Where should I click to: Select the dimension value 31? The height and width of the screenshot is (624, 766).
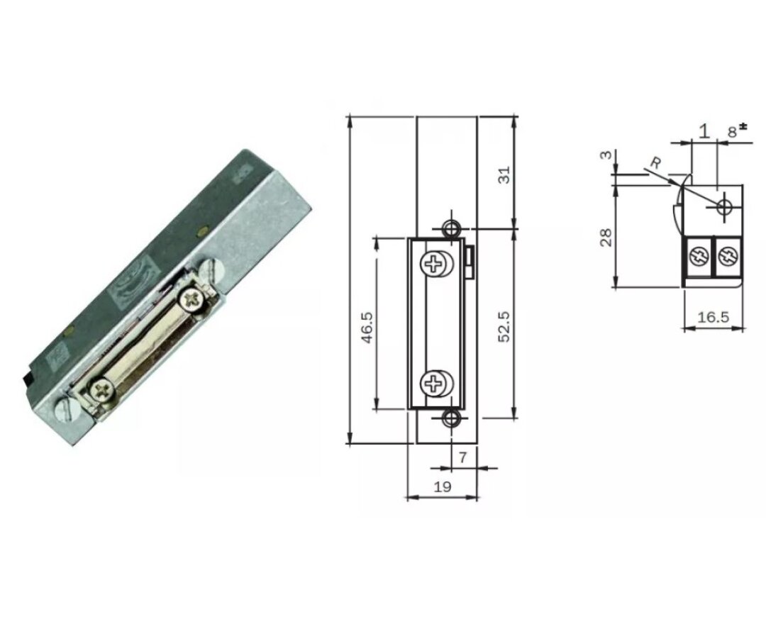click(x=504, y=175)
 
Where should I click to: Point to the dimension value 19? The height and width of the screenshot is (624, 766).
click(x=443, y=486)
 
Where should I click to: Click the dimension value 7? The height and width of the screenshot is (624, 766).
click(x=462, y=458)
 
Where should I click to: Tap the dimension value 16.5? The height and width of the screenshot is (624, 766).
click(x=713, y=317)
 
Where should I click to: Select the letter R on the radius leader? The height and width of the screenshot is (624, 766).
click(x=656, y=163)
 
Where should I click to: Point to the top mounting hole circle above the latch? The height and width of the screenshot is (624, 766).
click(x=450, y=228)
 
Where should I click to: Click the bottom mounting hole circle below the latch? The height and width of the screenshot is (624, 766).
click(x=450, y=418)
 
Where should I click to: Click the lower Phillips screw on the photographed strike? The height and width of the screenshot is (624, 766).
click(x=101, y=389)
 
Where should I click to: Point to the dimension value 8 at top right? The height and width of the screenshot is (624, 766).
click(x=733, y=130)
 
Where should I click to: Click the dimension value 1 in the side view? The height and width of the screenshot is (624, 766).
click(x=704, y=130)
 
